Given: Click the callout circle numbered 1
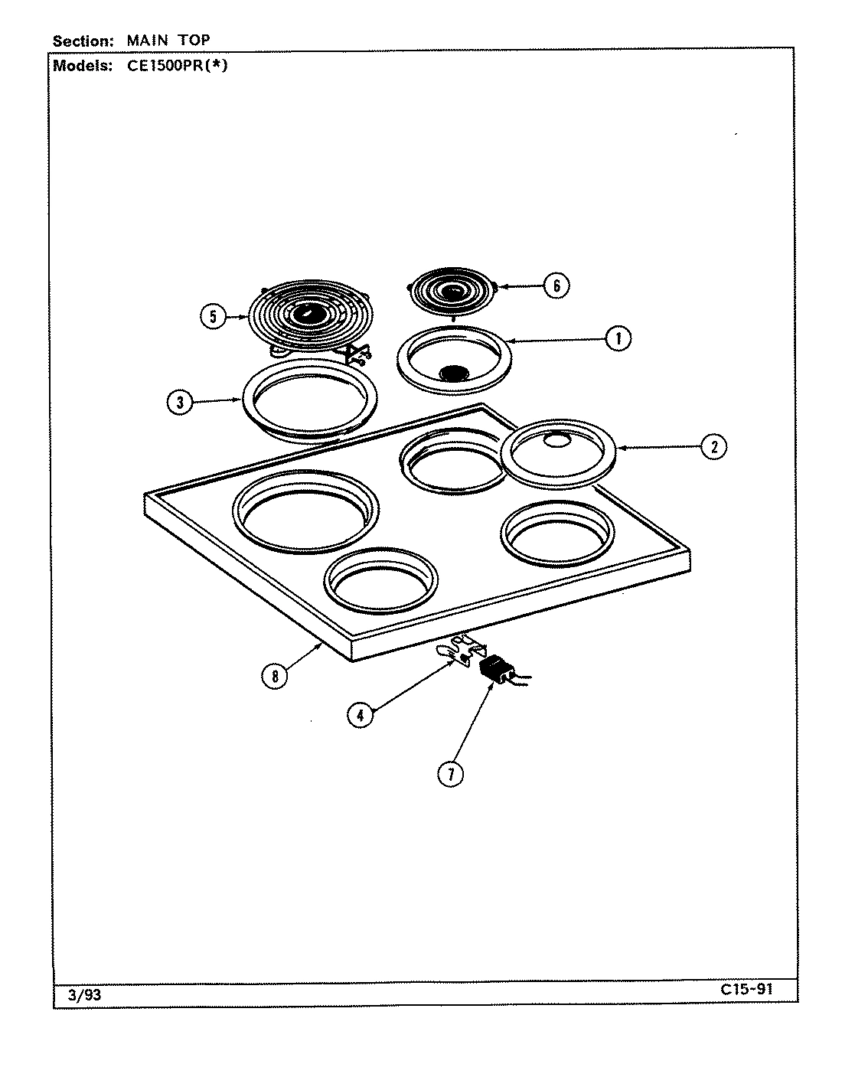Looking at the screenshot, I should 618,338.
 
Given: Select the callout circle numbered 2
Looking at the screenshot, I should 713,446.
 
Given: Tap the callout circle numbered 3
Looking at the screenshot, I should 179,403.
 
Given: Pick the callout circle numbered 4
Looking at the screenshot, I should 360,715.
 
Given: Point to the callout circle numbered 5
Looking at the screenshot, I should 214,316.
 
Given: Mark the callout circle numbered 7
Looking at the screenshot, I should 451,774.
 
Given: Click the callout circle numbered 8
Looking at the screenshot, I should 274,675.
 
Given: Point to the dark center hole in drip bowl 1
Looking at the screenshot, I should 455,373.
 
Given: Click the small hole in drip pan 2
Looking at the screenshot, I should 558,439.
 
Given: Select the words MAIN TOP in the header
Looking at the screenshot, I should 168,41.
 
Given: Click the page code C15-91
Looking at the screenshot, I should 746,988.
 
